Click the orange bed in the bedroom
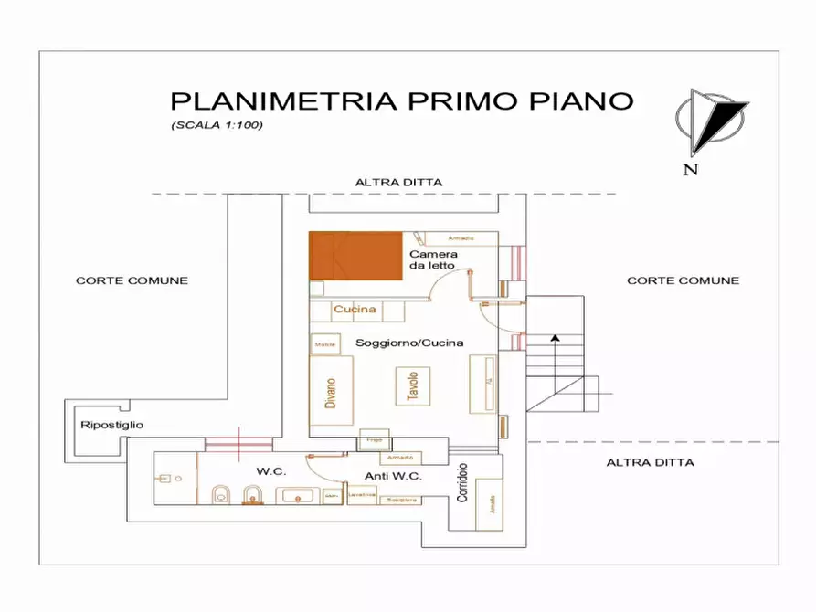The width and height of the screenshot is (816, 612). [x=356, y=256]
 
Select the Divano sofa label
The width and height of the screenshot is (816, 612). [x=331, y=398]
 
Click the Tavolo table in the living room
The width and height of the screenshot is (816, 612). [x=412, y=386]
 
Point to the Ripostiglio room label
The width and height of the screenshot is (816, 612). [x=111, y=425]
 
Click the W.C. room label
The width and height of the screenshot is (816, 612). [x=271, y=471]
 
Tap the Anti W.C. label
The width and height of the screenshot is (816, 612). [x=392, y=476]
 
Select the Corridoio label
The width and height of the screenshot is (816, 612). [x=462, y=481]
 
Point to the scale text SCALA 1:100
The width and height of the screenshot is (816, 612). [x=217, y=125]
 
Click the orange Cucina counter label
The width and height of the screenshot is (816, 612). [x=355, y=310]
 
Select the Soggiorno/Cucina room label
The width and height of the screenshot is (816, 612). [x=409, y=343]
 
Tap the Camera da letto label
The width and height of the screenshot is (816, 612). [x=433, y=259]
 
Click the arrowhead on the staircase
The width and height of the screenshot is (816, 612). [x=553, y=338]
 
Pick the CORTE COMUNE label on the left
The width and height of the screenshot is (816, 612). [x=132, y=280]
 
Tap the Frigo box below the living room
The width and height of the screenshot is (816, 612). [x=374, y=440]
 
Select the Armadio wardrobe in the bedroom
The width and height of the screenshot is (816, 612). [x=461, y=238]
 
